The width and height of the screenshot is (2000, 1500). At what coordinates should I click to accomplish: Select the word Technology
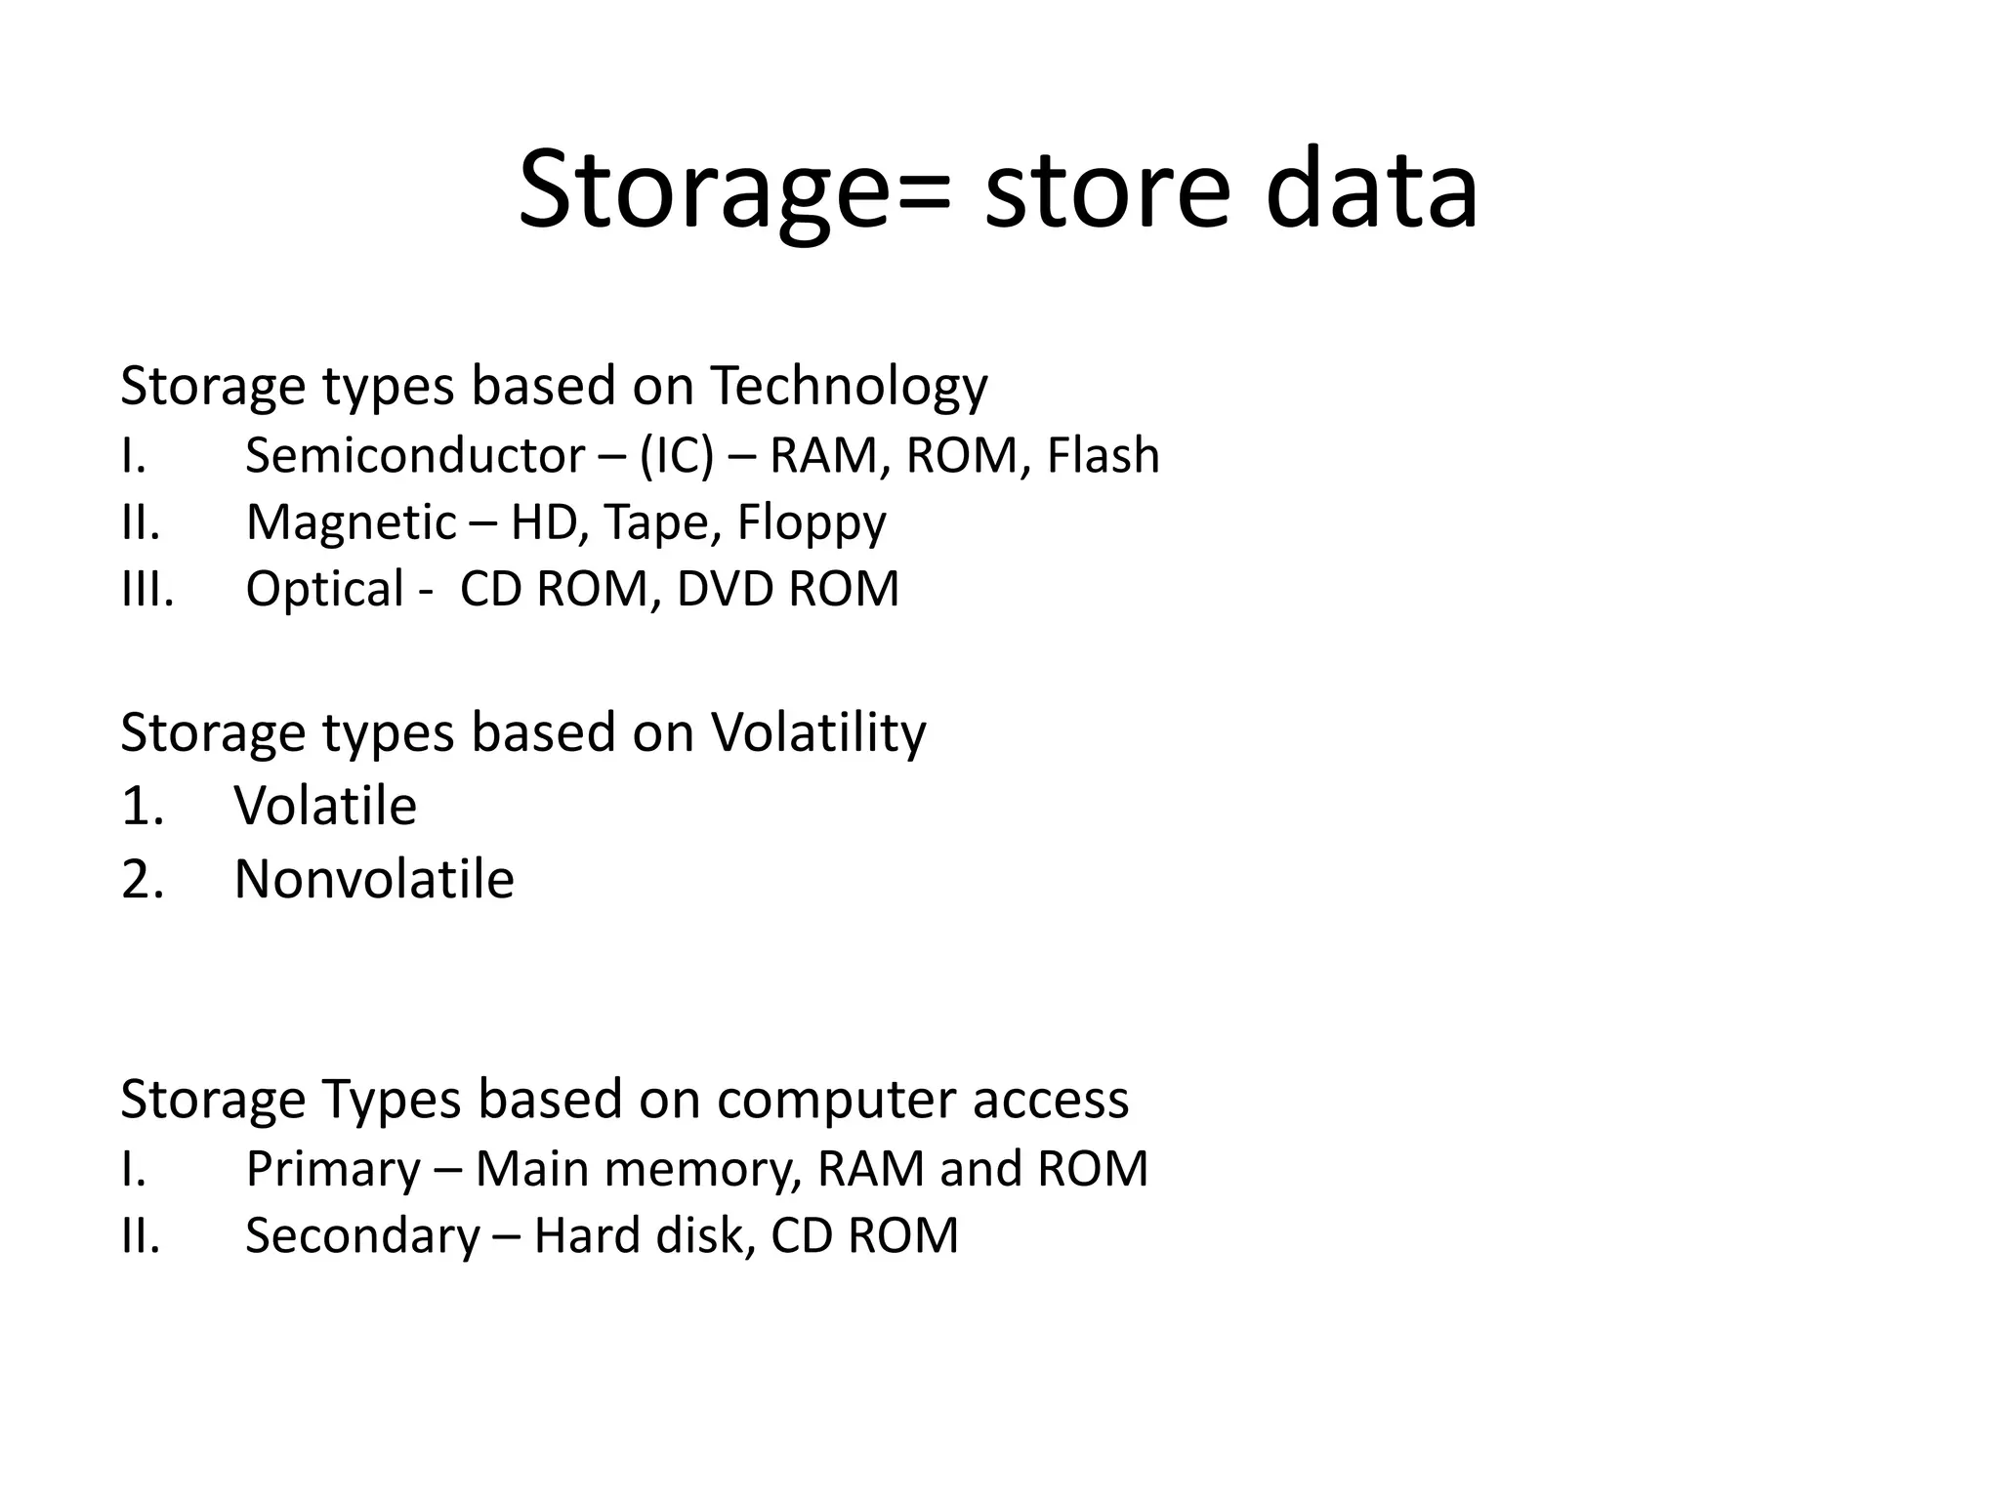coord(849,387)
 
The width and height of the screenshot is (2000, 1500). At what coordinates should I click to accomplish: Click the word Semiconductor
coord(415,456)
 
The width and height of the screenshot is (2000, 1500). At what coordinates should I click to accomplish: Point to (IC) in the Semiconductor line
coord(676,456)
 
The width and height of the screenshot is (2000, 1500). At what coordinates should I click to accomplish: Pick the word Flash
coord(1103,456)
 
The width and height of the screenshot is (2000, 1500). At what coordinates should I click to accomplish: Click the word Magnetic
coord(351,522)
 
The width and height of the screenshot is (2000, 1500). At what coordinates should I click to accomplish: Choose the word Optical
coord(324,590)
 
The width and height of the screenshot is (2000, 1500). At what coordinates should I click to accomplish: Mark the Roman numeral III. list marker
coord(147,589)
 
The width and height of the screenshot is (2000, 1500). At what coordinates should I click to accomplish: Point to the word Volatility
coord(818,732)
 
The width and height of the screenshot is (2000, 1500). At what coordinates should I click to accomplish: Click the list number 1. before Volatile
coord(143,807)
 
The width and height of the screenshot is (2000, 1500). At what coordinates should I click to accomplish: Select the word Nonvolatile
coord(374,879)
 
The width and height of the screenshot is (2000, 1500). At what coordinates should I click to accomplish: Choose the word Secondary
coord(362,1236)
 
